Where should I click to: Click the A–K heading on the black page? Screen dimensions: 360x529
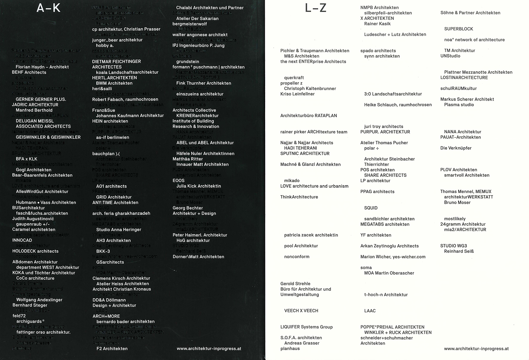[49, 8]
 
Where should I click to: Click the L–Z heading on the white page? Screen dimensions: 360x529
[316, 8]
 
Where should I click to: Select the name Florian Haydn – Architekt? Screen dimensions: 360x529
[42, 67]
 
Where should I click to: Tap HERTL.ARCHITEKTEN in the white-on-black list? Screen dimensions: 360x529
[115, 78]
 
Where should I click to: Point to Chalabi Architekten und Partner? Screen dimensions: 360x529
[210, 8]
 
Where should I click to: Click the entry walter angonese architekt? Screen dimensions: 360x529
[200, 35]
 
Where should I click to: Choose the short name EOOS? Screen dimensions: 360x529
[178, 181]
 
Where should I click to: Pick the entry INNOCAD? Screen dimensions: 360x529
[22, 240]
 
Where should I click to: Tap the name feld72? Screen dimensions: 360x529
[19, 316]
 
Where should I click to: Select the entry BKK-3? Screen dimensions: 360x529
[103, 251]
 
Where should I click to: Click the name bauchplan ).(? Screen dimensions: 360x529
[106, 154]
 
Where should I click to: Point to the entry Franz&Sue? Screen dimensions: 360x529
[104, 110]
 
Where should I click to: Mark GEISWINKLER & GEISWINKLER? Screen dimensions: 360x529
[48, 137]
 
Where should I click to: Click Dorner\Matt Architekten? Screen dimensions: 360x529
[198, 257]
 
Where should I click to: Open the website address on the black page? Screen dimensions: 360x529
[209, 349]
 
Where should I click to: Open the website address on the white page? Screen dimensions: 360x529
[476, 349]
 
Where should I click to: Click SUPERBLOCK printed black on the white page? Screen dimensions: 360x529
[458, 29]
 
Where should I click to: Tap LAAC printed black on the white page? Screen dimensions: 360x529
[370, 311]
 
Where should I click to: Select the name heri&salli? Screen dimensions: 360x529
[102, 89]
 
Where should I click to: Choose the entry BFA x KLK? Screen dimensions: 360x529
[26, 159]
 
